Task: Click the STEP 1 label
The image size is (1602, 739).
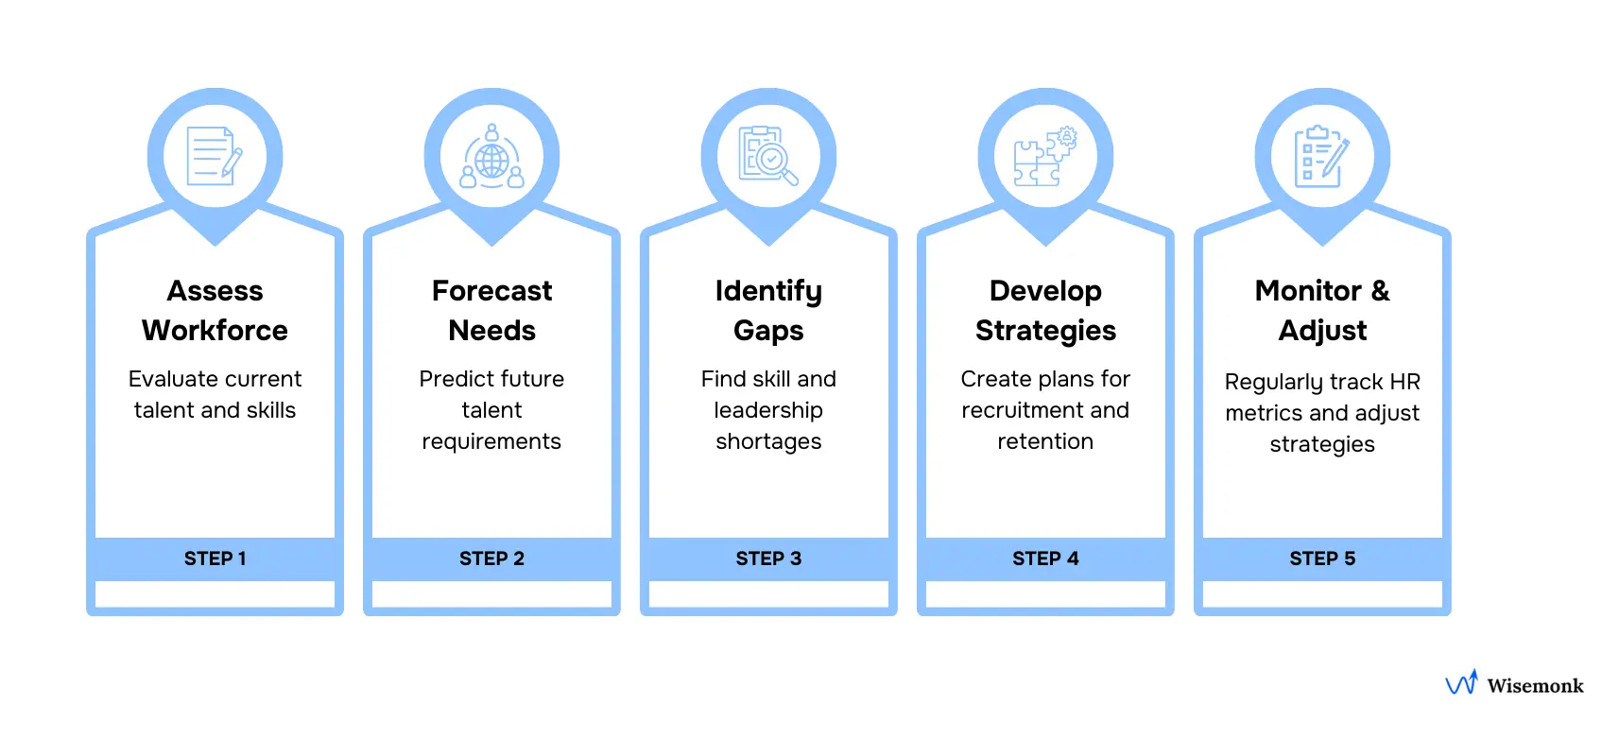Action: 215,559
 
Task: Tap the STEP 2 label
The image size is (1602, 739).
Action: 491,559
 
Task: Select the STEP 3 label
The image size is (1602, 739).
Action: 768,559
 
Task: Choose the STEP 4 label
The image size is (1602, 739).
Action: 1045,559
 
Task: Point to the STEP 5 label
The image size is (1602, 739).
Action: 1322,559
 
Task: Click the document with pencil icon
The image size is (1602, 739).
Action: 214,156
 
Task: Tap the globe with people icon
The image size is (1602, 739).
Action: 491,157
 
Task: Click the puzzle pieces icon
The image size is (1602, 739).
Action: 1044,157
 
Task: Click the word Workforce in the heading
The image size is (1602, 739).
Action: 215,330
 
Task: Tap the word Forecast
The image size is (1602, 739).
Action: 491,290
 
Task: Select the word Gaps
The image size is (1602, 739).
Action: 768,330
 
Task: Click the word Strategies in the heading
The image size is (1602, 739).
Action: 1045,330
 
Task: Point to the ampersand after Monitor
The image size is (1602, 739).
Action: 1380,290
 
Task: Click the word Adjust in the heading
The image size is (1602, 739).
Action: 1322,330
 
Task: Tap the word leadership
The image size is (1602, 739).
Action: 768,410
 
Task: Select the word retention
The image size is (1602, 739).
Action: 1045,441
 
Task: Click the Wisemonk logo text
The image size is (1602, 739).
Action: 1535,686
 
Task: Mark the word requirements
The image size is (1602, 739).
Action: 491,441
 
